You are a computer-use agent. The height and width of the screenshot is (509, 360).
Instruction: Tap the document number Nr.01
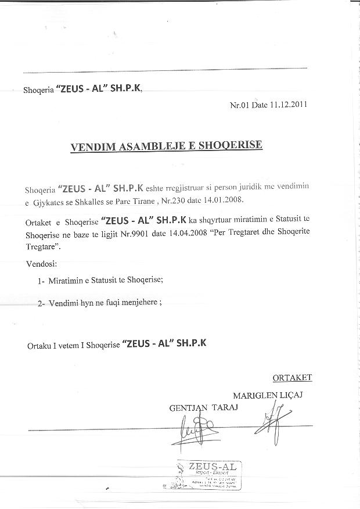240,105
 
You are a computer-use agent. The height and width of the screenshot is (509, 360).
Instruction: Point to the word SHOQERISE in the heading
231,145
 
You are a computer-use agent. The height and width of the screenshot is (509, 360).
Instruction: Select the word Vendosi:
42,264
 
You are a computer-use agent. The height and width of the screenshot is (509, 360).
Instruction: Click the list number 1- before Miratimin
41,280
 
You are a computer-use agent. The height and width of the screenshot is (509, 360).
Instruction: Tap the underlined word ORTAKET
292,378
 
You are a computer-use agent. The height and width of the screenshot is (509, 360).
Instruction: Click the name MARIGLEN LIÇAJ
268,395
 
